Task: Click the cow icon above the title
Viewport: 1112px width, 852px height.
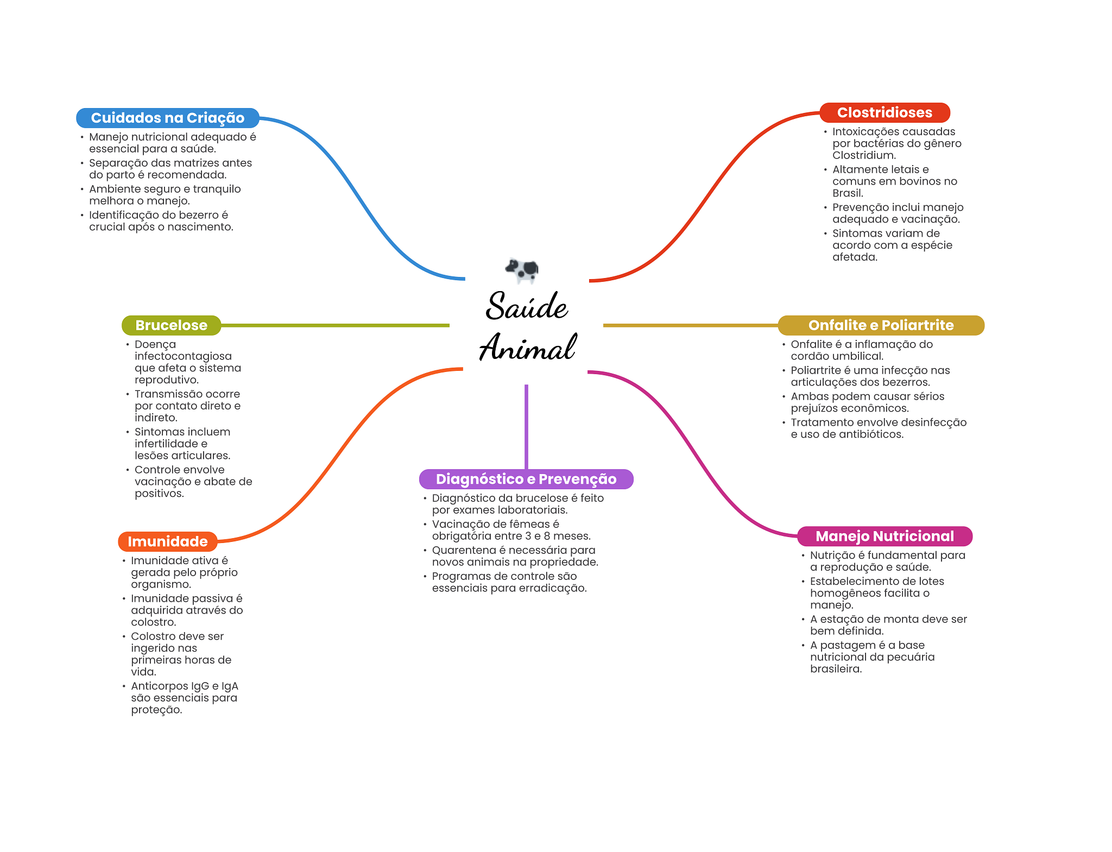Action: (522, 269)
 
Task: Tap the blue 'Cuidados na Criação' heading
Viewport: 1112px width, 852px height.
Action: (167, 118)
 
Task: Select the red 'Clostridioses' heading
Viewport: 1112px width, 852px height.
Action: (884, 112)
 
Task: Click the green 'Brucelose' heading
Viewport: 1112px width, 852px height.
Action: (171, 325)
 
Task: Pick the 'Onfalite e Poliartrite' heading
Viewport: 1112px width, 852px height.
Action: (881, 325)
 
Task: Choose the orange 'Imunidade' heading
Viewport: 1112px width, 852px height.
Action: (167, 541)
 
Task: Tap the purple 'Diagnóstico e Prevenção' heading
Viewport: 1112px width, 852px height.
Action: (526, 479)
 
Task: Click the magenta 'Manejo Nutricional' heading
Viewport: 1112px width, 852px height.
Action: (884, 536)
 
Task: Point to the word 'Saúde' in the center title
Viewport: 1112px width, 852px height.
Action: (527, 306)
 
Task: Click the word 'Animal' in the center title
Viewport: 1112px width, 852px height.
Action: (527, 348)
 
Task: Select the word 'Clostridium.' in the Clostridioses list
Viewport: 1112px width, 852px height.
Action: (864, 155)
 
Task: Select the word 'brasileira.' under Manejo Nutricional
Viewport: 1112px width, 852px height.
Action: (836, 669)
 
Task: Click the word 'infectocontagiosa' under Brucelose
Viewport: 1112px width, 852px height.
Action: (183, 356)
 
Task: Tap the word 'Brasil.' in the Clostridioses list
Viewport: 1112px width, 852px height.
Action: (847, 193)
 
